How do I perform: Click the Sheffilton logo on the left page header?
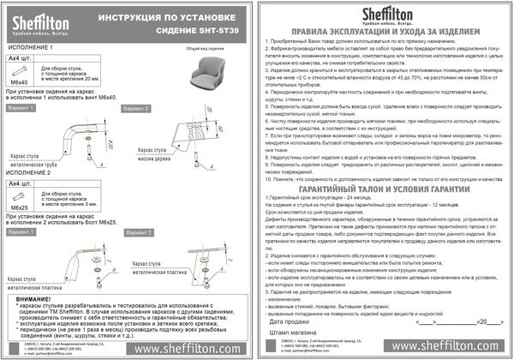pyautogui.click(x=39, y=16)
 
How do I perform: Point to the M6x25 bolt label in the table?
pyautogui.click(x=18, y=207)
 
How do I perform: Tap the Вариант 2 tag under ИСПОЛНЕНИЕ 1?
pyautogui.click(x=135, y=109)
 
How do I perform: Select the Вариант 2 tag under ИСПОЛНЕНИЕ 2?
pyautogui.click(x=135, y=232)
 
